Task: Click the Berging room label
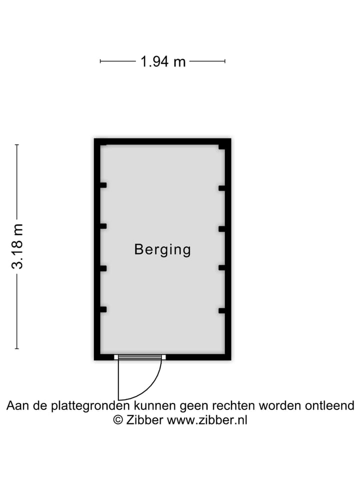[x=162, y=249]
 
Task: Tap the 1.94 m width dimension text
[x=163, y=61]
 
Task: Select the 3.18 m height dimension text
[x=17, y=246]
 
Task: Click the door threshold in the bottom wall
[x=140, y=357]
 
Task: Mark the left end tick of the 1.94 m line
[x=100, y=61]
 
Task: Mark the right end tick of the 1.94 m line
[x=225, y=61]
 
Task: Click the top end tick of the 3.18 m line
[x=17, y=145]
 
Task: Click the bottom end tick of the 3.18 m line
[x=17, y=348]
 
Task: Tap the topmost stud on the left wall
[x=103, y=185]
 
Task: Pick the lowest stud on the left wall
[x=103, y=309]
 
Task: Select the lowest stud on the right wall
[x=222, y=310]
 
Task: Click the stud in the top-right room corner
[x=222, y=147]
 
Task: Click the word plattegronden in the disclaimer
[x=90, y=406]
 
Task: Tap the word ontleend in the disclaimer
[x=329, y=405]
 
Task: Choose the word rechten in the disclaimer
[x=233, y=406]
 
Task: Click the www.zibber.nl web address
[x=207, y=419]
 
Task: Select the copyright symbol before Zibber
[x=118, y=419]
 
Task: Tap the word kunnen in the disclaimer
[x=155, y=406]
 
